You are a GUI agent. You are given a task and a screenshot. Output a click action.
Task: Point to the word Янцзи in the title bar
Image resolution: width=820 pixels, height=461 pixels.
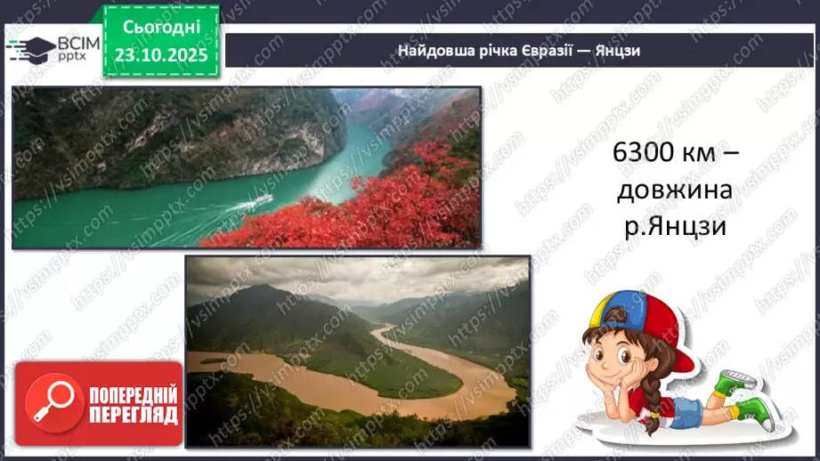(x=620, y=51)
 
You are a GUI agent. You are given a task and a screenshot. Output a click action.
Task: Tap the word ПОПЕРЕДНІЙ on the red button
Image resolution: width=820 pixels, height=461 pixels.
(x=134, y=395)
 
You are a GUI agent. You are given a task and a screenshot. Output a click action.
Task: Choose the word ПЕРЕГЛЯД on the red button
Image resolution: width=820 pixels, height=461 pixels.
(x=134, y=415)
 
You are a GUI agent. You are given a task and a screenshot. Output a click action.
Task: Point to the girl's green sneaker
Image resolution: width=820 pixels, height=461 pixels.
(x=750, y=408)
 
